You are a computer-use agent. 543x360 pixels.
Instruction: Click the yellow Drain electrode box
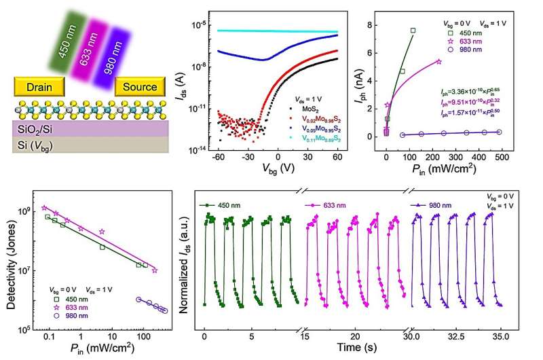click(39, 87)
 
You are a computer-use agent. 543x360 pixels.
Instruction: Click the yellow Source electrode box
click(139, 87)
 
